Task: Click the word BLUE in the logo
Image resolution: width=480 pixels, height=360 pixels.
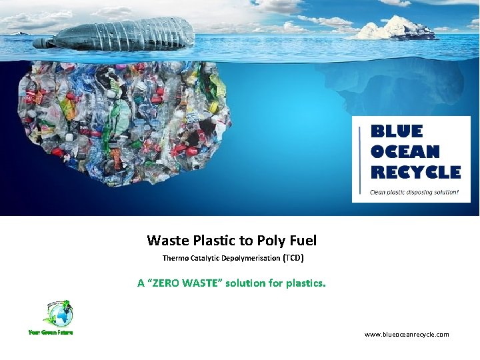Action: click(396, 131)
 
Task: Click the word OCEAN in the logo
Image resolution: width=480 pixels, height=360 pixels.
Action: click(405, 152)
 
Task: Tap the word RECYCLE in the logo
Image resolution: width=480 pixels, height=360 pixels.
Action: click(415, 173)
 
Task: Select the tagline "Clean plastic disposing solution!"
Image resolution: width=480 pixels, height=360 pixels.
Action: click(414, 192)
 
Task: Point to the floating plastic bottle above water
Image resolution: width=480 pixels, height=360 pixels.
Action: click(117, 33)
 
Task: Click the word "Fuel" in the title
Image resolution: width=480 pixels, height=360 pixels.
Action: click(303, 241)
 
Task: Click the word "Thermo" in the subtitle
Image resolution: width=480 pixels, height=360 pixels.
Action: click(176, 258)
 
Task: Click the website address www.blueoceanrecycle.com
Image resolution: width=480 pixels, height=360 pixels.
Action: click(407, 335)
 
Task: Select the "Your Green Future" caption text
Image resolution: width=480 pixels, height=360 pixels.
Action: click(50, 332)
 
